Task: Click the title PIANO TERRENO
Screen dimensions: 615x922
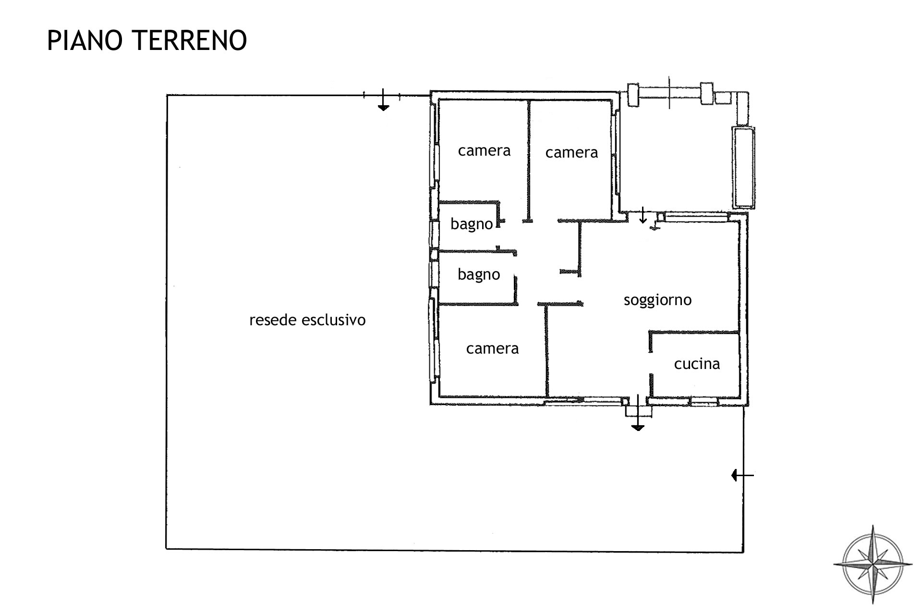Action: pos(147,40)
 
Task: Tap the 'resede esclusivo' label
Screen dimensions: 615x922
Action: pos(307,320)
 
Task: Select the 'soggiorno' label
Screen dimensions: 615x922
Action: pos(657,300)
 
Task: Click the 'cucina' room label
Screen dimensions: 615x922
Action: pos(697,364)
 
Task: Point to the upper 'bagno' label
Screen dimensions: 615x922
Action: pos(472,224)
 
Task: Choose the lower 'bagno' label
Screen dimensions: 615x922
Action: pos(479,275)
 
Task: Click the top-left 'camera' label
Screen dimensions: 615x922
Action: pos(484,151)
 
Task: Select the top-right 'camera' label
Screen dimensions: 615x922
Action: pos(571,153)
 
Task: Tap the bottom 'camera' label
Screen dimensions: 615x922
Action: pos(492,349)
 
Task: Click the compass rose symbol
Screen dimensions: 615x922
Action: pos(873,564)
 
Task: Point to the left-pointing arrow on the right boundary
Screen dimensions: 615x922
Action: pos(742,475)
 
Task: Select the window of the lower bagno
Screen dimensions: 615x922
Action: pos(434,274)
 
